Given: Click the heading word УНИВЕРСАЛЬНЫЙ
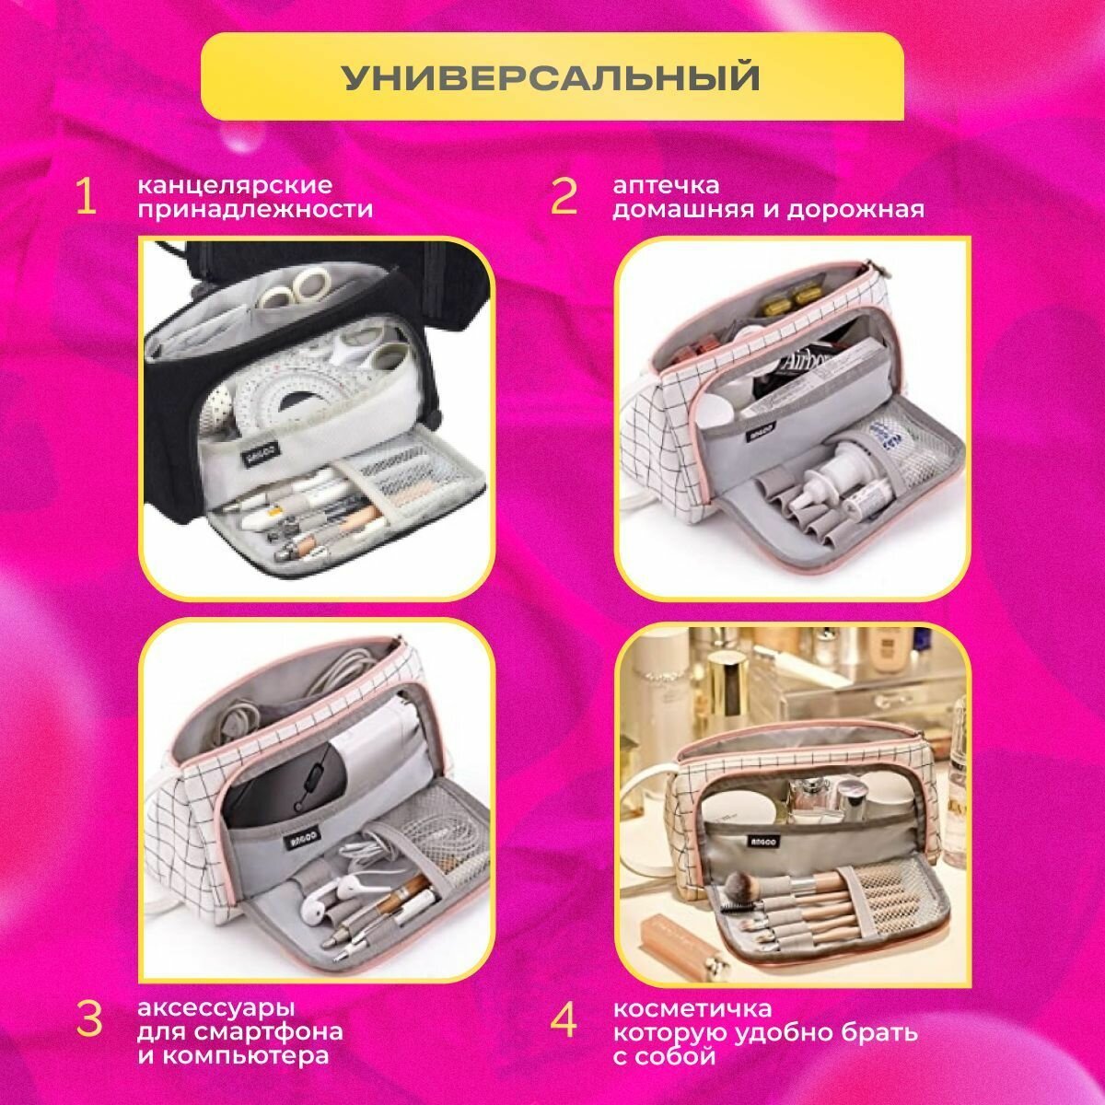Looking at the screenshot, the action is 551,77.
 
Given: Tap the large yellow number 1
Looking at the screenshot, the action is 86,197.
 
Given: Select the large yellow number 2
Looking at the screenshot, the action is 564,197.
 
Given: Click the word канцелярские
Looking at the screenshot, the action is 235,186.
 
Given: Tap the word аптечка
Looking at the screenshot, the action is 666,186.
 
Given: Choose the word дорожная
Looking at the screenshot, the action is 855,210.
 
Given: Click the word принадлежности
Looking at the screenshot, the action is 255,210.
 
